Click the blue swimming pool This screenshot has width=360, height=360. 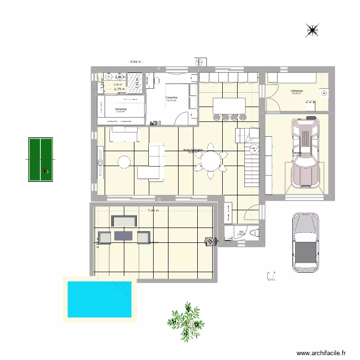pyautogui.click(x=100, y=299)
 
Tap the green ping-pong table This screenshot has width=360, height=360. pyautogui.click(x=40, y=160)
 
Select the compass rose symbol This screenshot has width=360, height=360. pyautogui.click(x=312, y=31)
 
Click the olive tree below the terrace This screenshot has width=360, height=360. pyautogui.click(x=187, y=319)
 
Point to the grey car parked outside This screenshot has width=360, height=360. pyautogui.click(x=305, y=243)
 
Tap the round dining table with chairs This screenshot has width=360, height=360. pyautogui.click(x=210, y=161)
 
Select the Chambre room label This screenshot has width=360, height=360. pyautogui.click(x=171, y=97)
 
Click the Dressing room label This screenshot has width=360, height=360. pyautogui.click(x=121, y=109)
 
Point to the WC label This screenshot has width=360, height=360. pyautogui.click(x=241, y=232)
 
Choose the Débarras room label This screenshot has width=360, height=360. pyautogui.click(x=296, y=90)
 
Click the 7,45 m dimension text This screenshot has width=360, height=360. pyautogui.click(x=153, y=210)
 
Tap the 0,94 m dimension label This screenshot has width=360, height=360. pyautogui.click(x=136, y=62)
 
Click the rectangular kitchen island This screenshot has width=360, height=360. pyautogui.click(x=229, y=105)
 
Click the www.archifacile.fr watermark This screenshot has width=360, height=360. pyautogui.click(x=322, y=353)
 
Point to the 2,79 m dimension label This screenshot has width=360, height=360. pyautogui.click(x=119, y=89)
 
